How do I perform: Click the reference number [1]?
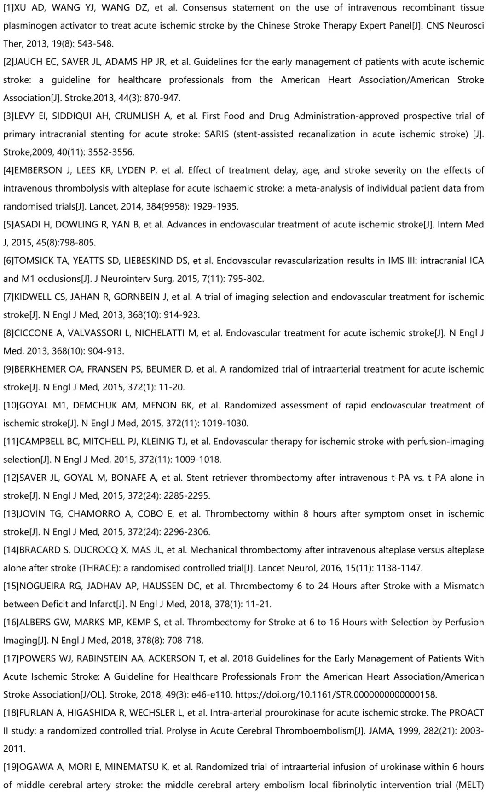click(x=9, y=8)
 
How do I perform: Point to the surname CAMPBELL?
click(x=43, y=442)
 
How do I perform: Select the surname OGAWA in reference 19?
click(x=36, y=767)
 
